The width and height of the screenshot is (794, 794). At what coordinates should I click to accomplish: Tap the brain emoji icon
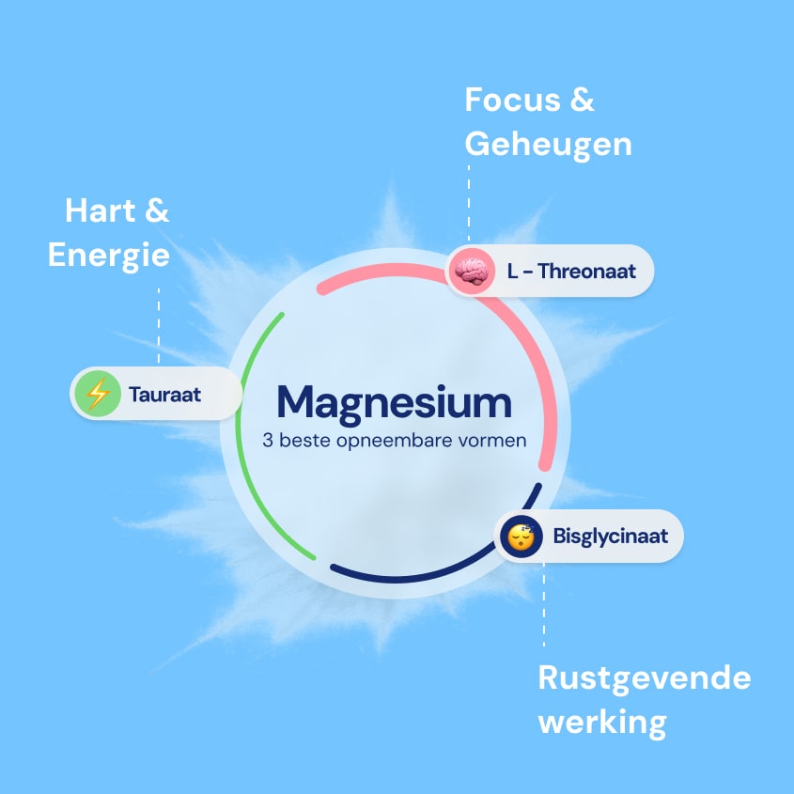[x=472, y=271]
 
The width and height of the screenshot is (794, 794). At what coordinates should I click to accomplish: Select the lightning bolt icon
[x=98, y=394]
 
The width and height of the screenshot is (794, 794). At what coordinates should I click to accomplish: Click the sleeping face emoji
[x=522, y=537]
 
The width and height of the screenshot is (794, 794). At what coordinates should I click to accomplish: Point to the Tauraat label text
[x=164, y=395]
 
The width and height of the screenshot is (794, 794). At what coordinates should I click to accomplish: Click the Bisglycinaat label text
[x=610, y=537]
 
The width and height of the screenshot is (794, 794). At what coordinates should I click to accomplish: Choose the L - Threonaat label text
[x=571, y=271]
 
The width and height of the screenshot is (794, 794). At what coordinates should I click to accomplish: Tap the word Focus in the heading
[x=512, y=100]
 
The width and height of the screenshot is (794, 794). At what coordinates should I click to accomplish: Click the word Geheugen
[x=549, y=145]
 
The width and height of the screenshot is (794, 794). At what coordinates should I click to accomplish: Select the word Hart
[x=101, y=210]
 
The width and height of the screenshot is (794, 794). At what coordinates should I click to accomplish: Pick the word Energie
[x=109, y=256]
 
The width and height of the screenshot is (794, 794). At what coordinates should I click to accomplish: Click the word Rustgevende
[x=644, y=678]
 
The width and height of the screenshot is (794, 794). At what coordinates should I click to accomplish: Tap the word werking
[x=602, y=723]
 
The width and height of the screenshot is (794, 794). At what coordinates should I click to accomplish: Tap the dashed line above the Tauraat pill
[x=159, y=326]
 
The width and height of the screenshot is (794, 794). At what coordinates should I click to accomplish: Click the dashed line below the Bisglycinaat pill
[x=544, y=604]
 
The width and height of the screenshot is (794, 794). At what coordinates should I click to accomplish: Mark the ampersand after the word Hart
[x=157, y=210]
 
